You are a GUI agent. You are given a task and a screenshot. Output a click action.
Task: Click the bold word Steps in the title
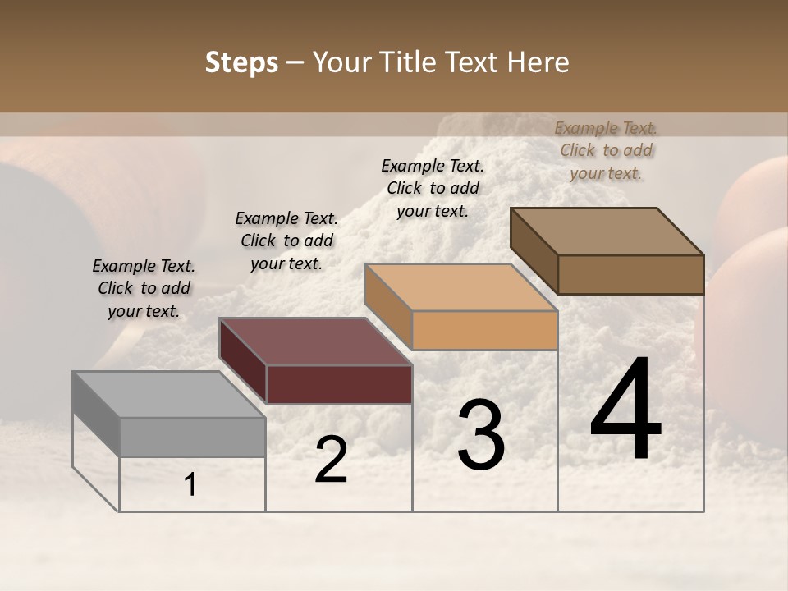point(241,63)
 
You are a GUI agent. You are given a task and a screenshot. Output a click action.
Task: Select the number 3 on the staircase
point(480,435)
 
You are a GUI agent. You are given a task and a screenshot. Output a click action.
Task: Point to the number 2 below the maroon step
point(331,460)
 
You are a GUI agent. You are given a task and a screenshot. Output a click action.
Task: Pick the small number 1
point(190,486)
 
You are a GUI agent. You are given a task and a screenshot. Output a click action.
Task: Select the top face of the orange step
point(460,287)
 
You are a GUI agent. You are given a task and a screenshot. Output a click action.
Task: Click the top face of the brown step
point(607,231)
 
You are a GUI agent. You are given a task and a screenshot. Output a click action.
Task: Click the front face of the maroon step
point(339,384)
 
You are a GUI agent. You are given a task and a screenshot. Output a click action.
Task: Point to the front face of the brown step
point(630,274)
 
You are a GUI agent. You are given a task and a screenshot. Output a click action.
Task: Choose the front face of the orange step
point(484,331)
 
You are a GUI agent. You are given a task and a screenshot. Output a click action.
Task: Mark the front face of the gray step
point(192,437)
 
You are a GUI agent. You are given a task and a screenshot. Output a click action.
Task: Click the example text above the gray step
point(144,288)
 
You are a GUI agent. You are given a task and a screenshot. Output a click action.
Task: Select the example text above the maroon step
point(286,241)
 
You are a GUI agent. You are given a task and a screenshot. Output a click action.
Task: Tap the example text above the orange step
point(433,188)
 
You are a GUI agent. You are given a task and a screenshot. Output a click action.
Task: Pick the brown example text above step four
point(606,150)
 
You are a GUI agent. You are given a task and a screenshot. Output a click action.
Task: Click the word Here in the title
point(540,63)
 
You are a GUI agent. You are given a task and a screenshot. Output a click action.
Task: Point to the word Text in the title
point(475,63)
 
